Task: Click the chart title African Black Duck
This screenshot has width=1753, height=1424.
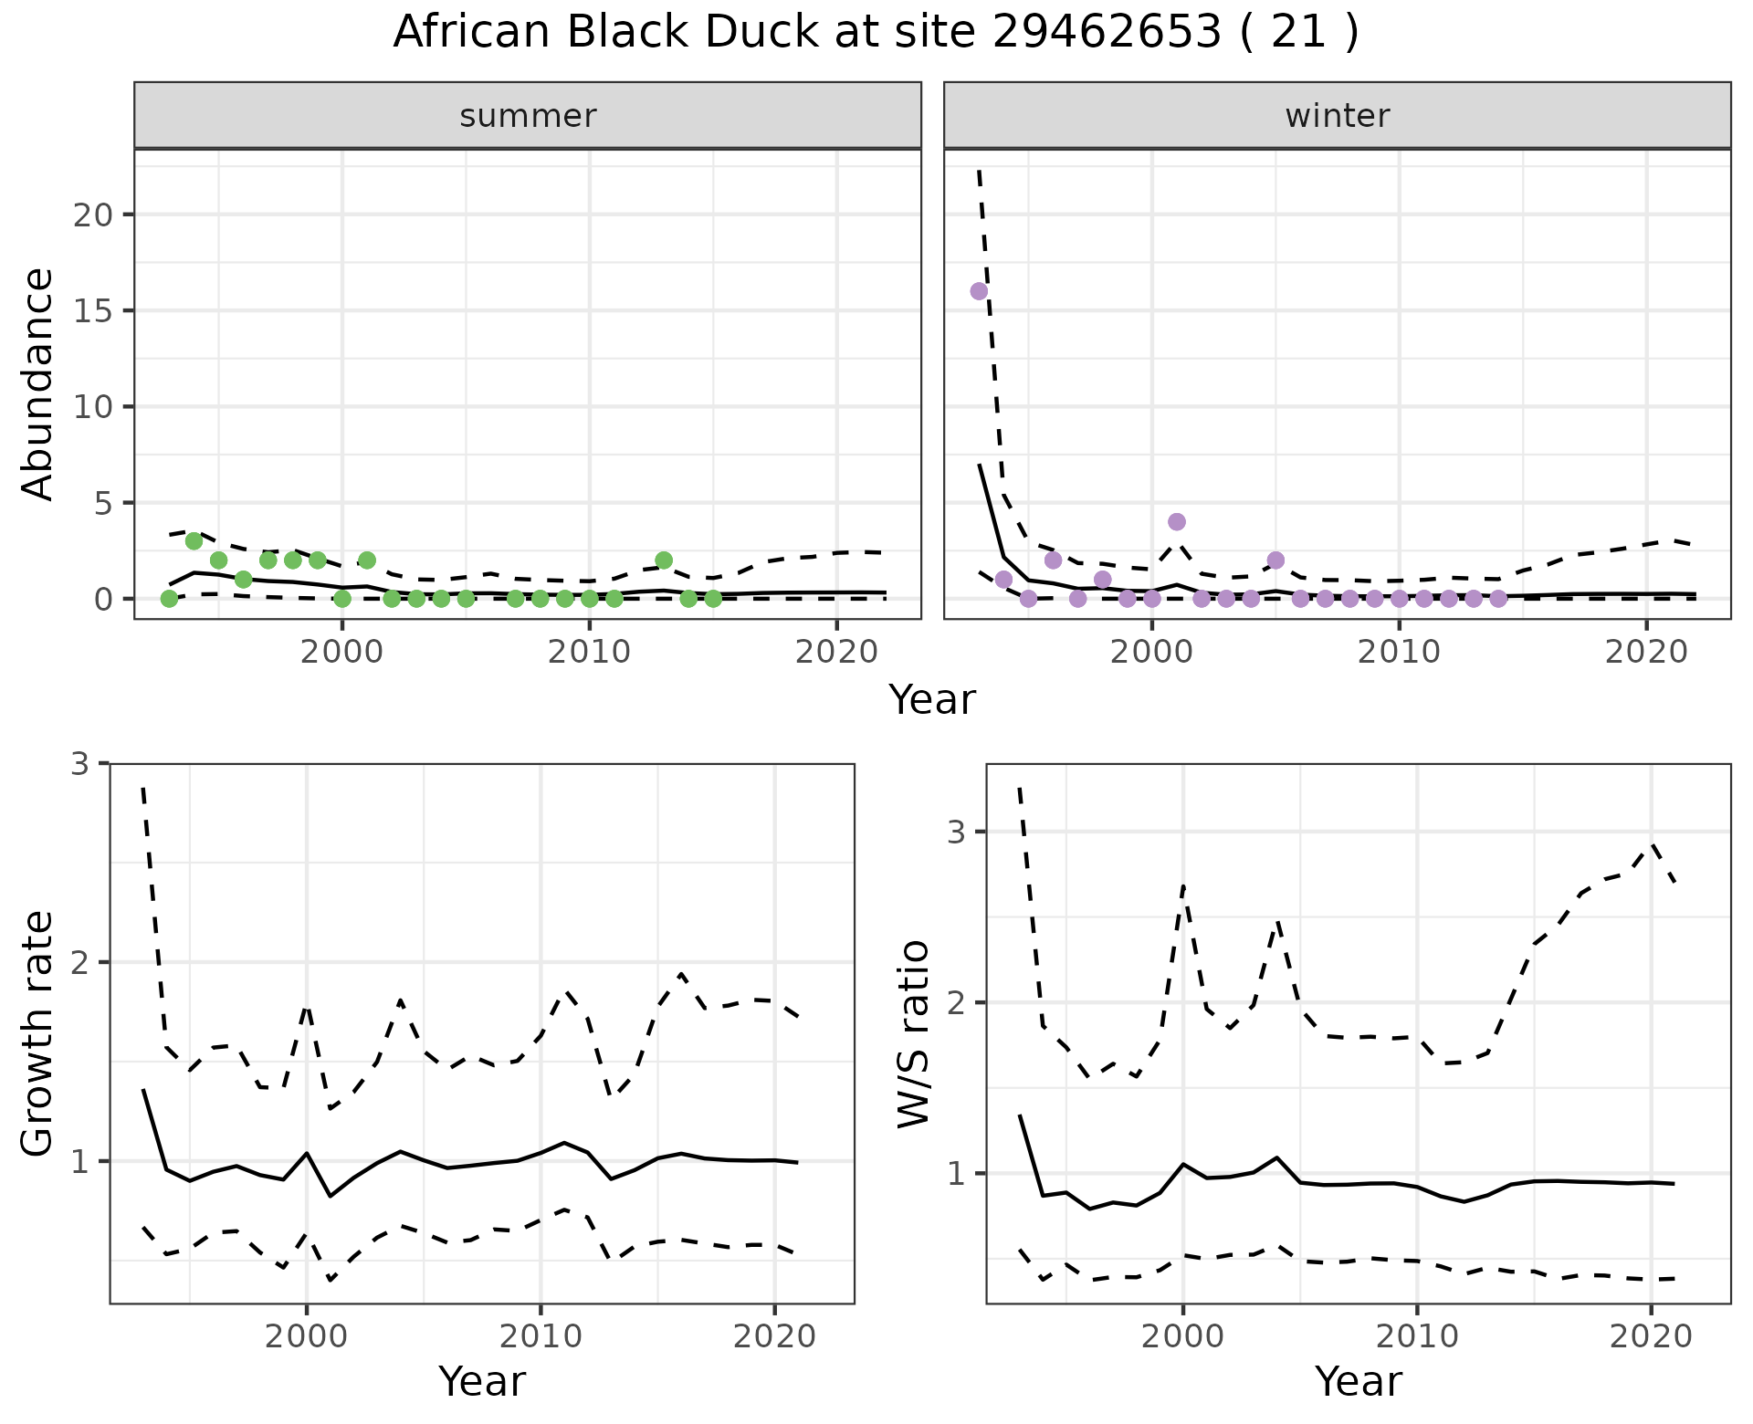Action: tap(876, 33)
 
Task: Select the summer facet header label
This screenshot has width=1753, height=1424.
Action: tap(528, 116)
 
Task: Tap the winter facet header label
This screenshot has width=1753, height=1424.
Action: tap(1337, 116)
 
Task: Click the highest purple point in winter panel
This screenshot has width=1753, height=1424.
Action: tap(979, 291)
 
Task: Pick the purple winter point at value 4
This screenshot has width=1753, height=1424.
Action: tap(1177, 521)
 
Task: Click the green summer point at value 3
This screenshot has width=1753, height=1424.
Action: tap(194, 541)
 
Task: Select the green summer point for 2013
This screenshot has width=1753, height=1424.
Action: tap(664, 560)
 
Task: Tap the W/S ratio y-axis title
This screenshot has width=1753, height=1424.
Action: tap(914, 1033)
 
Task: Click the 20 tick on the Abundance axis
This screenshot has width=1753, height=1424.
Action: tap(91, 215)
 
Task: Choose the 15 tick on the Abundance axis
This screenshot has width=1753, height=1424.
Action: tap(91, 311)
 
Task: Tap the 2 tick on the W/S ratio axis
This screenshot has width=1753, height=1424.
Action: tap(958, 1002)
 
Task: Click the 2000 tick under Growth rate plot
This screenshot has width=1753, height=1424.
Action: tap(307, 1337)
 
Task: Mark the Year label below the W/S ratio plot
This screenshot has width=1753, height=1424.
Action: tap(1358, 1382)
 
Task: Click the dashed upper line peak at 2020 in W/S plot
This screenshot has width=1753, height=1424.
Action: tap(1651, 844)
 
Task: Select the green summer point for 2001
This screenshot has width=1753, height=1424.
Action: tap(367, 560)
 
